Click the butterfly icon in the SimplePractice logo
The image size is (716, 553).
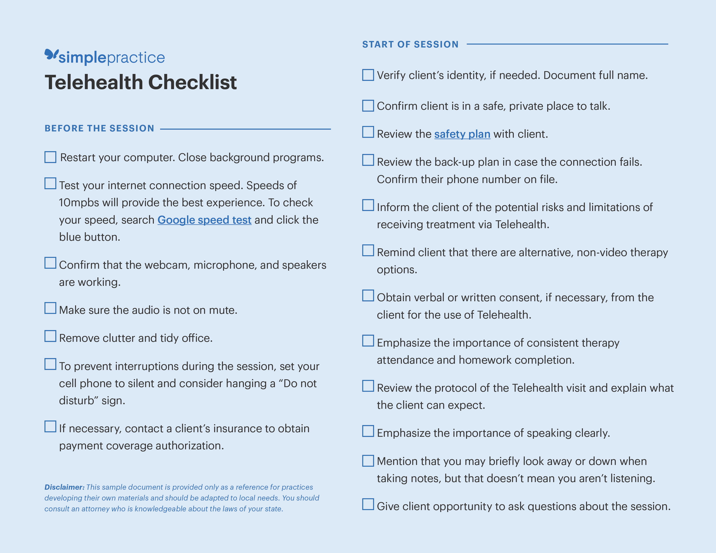click(51, 54)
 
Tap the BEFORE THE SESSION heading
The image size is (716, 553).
click(99, 128)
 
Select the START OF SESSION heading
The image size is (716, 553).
click(410, 44)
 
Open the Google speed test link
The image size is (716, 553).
click(204, 220)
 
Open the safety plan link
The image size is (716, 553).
click(462, 134)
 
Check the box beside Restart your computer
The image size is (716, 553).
click(50, 157)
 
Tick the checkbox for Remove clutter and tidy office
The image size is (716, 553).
click(50, 336)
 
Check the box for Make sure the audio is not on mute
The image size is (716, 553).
click(50, 308)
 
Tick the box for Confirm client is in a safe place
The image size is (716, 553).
click(368, 105)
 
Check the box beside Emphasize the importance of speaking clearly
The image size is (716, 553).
click(368, 431)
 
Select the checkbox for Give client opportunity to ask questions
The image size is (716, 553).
click(368, 504)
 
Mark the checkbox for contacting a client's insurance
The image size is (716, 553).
click(50, 427)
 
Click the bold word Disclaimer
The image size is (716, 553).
click(64, 487)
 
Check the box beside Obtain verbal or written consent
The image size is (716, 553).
click(368, 296)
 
